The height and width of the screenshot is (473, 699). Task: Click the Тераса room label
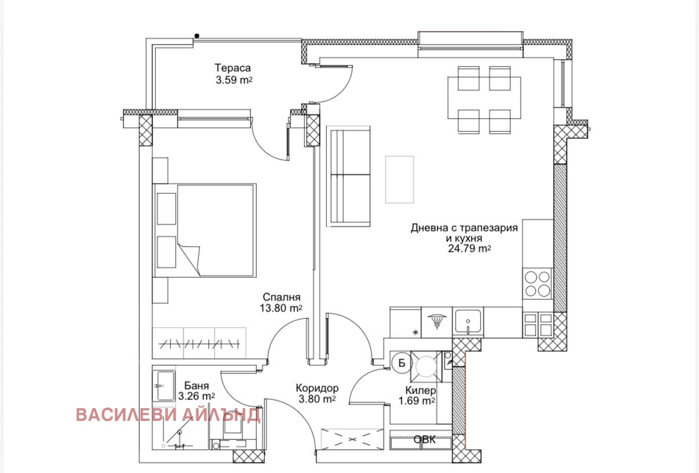[x=232, y=68]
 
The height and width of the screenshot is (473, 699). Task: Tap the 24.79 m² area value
[x=469, y=248]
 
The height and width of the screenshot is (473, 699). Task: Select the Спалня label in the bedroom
[x=282, y=297]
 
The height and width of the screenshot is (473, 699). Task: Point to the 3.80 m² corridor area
[x=317, y=399]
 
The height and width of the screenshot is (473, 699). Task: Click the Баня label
[x=196, y=386]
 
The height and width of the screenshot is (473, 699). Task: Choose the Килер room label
[x=420, y=390]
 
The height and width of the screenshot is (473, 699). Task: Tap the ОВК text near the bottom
[x=424, y=439]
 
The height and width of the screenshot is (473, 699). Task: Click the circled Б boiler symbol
[x=402, y=363]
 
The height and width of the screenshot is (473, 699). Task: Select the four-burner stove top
[x=537, y=284]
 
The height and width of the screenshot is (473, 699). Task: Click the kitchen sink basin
[x=468, y=321]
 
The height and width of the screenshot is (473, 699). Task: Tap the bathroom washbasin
[x=163, y=386]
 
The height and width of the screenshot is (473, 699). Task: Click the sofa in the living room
[x=348, y=176]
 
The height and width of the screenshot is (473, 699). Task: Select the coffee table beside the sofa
[x=399, y=179]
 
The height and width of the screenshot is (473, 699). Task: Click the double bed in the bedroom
[x=205, y=230]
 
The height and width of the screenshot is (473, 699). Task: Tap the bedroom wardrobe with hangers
[x=199, y=343]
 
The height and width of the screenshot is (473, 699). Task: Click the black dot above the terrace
[x=197, y=36]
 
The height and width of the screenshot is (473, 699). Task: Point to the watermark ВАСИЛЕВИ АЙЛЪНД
[x=168, y=415]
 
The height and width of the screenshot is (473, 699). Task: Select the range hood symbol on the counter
[x=437, y=321]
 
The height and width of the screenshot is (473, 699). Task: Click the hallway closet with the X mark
[x=352, y=439]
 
